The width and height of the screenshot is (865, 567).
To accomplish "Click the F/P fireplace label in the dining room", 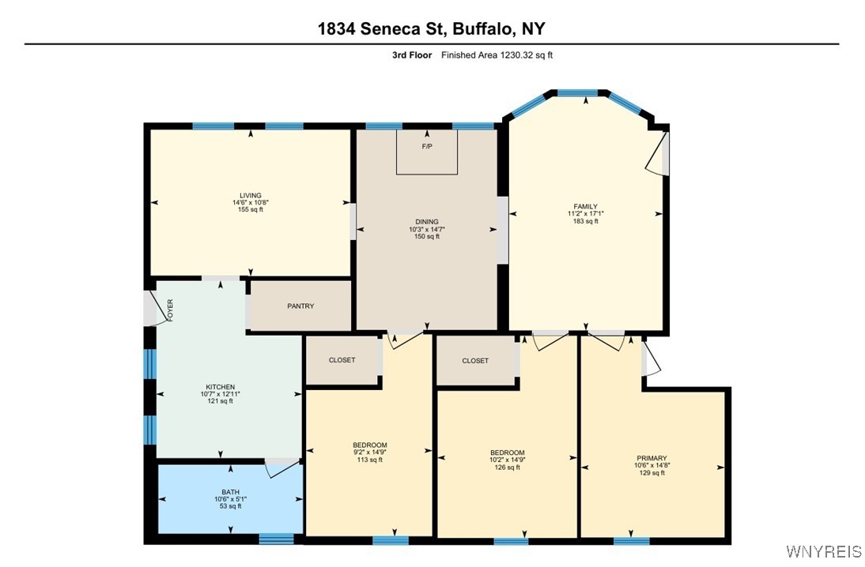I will click(427, 147).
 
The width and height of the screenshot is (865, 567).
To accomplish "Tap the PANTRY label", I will click(300, 306).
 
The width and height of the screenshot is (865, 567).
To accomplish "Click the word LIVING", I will click(251, 196).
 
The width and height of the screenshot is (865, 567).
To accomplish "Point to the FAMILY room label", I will click(585, 207).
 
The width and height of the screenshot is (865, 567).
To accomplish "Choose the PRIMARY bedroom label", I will click(652, 458).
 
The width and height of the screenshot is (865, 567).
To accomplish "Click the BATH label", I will click(230, 492).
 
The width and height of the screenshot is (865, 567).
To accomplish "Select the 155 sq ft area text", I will click(251, 209).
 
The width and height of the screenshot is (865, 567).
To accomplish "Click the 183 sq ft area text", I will click(585, 221).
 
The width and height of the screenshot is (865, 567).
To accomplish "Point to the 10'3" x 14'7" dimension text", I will click(427, 230).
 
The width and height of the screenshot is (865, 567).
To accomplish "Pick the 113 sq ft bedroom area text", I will click(369, 460).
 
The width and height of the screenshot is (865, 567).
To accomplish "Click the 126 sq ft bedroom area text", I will click(507, 467).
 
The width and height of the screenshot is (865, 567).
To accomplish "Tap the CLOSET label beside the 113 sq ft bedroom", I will click(342, 360).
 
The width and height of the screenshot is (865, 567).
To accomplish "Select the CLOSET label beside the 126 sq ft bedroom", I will click(475, 361).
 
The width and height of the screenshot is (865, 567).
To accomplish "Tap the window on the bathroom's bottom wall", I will click(276, 539).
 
